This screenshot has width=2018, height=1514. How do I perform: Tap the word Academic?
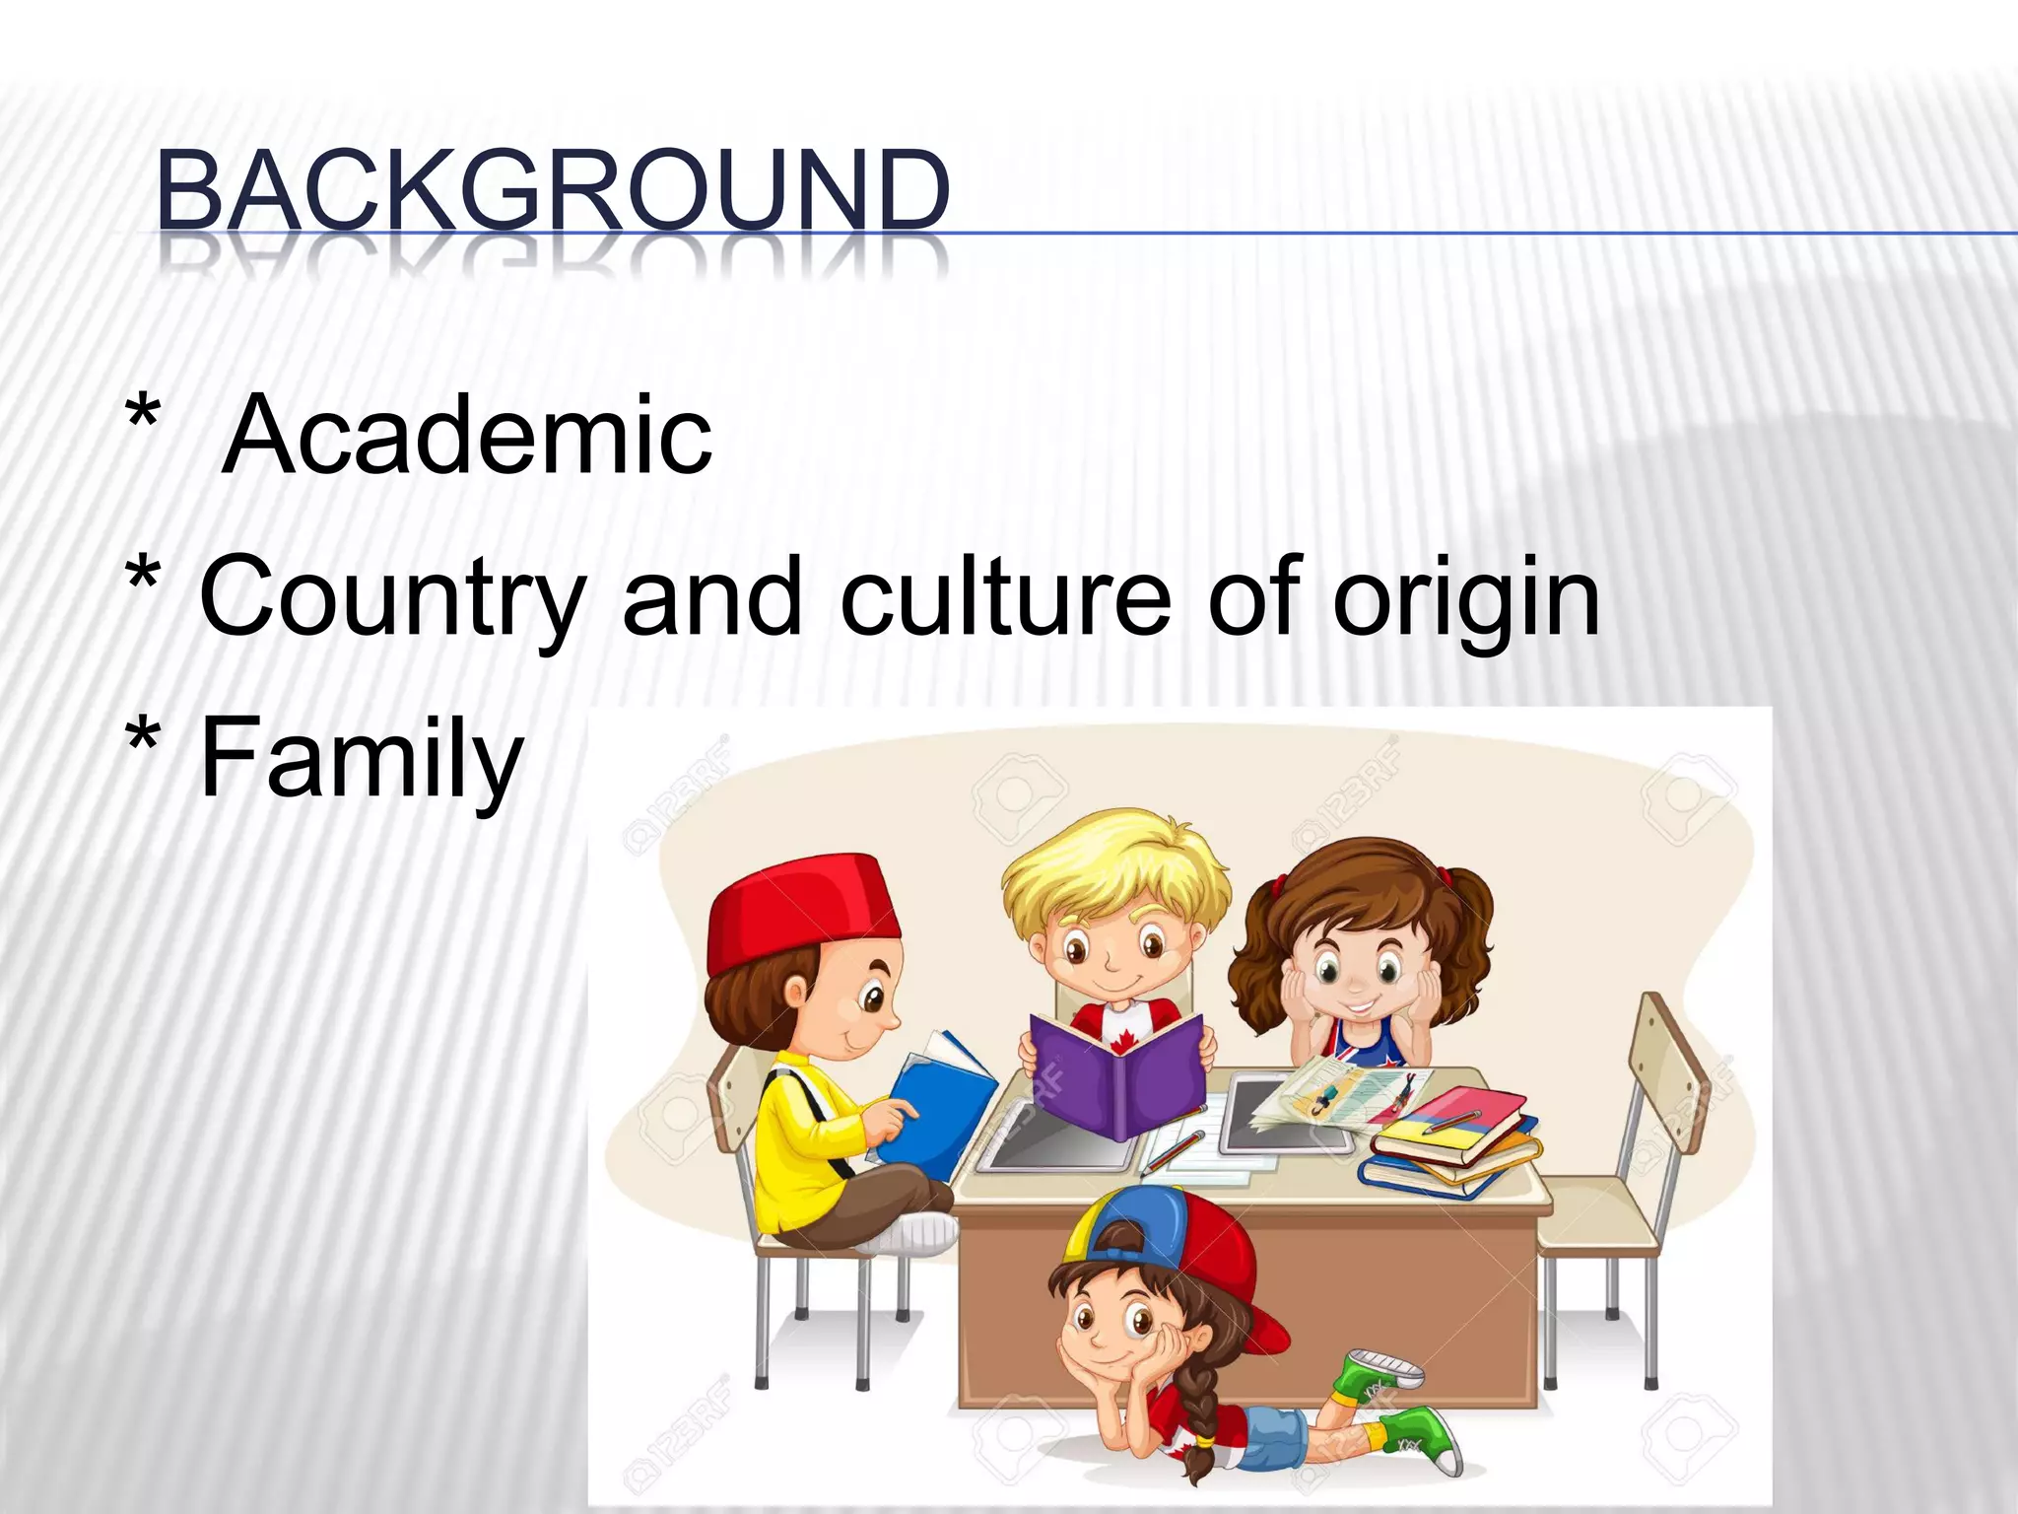click(467, 435)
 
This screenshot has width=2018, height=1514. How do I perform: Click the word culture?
click(1005, 595)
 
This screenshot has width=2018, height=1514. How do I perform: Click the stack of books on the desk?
click(1448, 1143)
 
